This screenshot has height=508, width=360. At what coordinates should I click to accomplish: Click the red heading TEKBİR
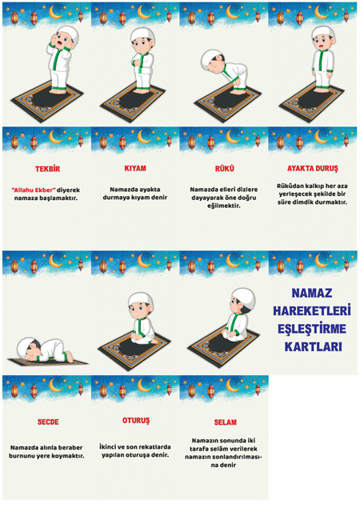[x=48, y=169]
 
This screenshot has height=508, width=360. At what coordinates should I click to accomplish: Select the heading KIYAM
[x=135, y=169]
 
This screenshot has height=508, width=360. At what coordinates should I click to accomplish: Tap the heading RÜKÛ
[x=225, y=169]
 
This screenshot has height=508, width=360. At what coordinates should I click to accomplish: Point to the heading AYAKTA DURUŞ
[x=312, y=169]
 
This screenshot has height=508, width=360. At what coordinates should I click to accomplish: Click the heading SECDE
[x=48, y=422]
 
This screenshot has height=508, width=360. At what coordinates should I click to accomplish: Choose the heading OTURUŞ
[x=136, y=421]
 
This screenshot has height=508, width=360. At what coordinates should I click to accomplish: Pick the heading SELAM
[x=226, y=422]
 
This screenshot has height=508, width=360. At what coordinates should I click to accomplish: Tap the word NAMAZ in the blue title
[x=312, y=294]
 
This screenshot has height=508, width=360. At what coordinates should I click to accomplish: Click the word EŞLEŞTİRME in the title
[x=312, y=329]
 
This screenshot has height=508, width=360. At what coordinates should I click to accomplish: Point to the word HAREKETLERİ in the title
[x=312, y=310]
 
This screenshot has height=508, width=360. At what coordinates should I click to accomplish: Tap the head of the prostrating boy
[x=27, y=350]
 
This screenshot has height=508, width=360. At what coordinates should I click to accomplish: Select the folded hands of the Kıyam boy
[x=137, y=62]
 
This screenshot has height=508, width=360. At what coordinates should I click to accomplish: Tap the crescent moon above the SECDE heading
[x=55, y=385]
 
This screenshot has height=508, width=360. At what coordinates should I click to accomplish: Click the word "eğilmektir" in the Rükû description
[x=224, y=206]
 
